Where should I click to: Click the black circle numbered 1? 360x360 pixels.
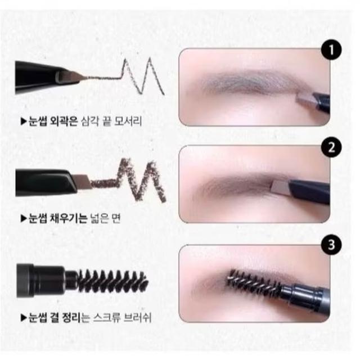pyautogui.click(x=331, y=50)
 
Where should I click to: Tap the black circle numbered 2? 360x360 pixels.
pyautogui.click(x=331, y=147)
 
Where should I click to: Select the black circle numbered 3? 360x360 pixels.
pyautogui.click(x=331, y=245)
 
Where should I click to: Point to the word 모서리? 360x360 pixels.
pyautogui.click(x=128, y=121)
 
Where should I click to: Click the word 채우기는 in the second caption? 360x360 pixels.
pyautogui.click(x=69, y=218)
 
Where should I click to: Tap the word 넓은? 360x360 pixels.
pyautogui.click(x=100, y=218)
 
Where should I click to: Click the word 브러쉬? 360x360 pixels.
pyautogui.click(x=137, y=318)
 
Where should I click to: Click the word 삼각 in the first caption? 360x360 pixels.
pyautogui.click(x=90, y=121)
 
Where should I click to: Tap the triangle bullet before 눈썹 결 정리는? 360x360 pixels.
pyautogui.click(x=24, y=318)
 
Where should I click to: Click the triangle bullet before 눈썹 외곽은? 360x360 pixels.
pyautogui.click(x=24, y=121)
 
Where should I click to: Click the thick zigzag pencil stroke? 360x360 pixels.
pyautogui.click(x=129, y=181)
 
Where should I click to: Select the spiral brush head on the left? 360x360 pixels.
pyautogui.click(x=112, y=281)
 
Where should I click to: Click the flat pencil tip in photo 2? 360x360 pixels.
pyautogui.click(x=281, y=186)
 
